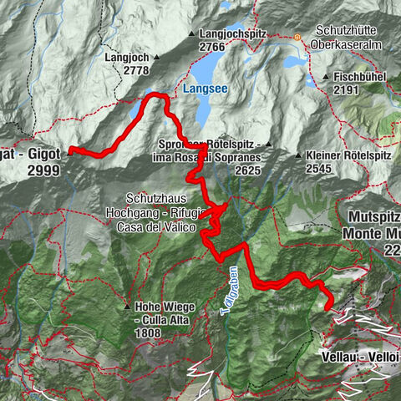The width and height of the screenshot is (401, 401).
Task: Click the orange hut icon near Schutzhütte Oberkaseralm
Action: [x=296, y=37]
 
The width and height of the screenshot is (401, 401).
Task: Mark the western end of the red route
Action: [x=69, y=150]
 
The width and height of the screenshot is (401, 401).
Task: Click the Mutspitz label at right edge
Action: [x=373, y=215]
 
